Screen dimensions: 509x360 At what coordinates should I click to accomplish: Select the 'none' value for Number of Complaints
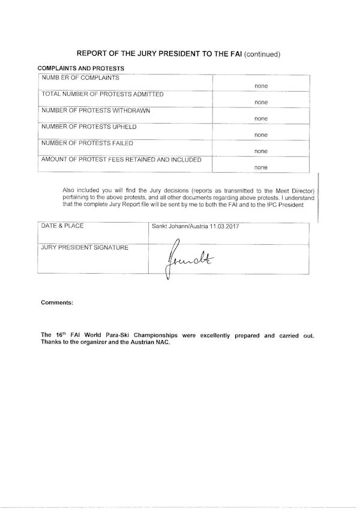tap(261, 86)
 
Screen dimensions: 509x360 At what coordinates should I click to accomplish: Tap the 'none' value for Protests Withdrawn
tap(261, 119)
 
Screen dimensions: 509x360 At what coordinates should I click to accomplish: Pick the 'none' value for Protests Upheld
tap(261, 135)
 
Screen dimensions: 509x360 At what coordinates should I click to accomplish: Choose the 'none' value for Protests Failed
tap(261, 151)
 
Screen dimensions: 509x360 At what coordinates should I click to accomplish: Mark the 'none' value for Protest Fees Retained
tap(261, 167)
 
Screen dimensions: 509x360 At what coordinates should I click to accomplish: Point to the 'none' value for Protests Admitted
tap(261, 103)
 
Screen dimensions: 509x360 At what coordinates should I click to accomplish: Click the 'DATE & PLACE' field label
tap(62, 226)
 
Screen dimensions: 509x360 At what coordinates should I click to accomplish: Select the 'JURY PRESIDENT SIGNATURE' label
tap(84, 247)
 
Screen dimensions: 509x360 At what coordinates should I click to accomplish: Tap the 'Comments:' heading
tap(57, 303)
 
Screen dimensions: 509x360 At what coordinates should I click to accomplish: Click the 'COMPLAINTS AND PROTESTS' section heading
tap(80, 68)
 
